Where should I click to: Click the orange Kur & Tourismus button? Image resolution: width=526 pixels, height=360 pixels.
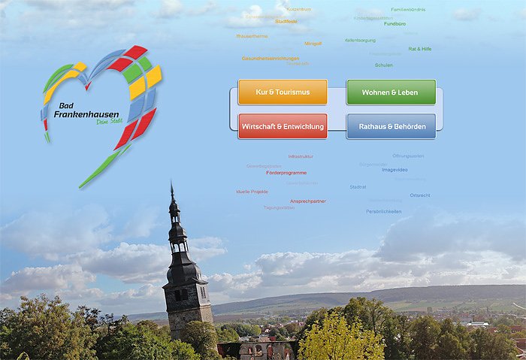[x=283, y=92]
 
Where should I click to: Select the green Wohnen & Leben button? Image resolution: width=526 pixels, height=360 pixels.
[x=391, y=92]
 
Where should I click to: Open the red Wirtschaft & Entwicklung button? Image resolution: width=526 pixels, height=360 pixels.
[x=283, y=126]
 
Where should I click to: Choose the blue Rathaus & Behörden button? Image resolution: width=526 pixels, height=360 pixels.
[x=391, y=126]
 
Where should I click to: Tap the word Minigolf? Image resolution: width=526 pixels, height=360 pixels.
[x=313, y=44]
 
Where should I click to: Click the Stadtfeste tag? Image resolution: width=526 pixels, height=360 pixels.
[x=286, y=22]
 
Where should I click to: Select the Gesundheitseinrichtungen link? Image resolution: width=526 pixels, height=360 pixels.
[x=270, y=58]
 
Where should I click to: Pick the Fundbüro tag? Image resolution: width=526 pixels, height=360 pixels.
[x=394, y=23]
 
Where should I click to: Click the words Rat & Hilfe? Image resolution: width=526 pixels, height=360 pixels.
[x=419, y=48]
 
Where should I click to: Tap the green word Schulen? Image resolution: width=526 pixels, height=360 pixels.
[x=383, y=65]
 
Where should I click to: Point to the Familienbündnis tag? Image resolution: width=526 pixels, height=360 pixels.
[x=408, y=9]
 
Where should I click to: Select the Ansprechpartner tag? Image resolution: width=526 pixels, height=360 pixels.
[x=308, y=201]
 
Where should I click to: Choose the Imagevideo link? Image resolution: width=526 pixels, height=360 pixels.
[x=394, y=170]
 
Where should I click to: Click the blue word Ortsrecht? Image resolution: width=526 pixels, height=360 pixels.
[x=420, y=195]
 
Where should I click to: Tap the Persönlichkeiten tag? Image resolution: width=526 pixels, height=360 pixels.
[x=383, y=211]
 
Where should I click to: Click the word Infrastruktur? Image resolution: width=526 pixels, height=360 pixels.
[x=301, y=156]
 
